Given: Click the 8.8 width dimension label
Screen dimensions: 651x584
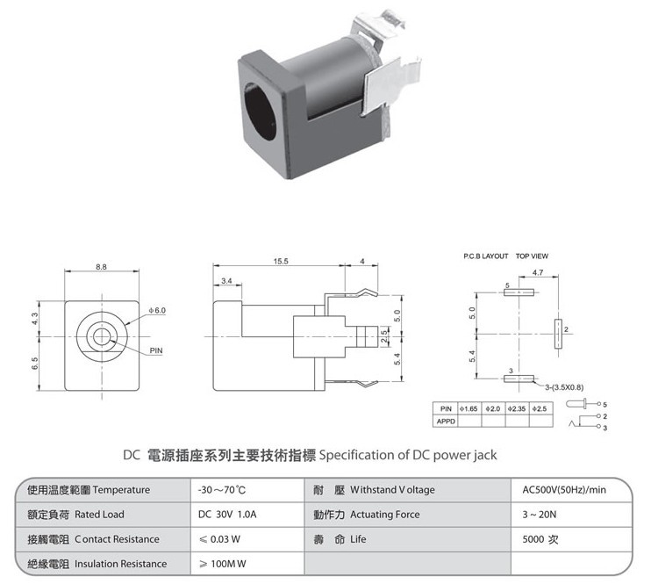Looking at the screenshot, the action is tap(101, 267).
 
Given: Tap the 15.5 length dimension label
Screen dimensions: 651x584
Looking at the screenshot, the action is tap(281, 261).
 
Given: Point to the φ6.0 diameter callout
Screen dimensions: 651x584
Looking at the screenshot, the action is tap(157, 311).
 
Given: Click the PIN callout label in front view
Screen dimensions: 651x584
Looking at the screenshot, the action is tap(156, 350).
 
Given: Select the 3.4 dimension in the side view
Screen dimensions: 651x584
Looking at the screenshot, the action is tap(226, 281).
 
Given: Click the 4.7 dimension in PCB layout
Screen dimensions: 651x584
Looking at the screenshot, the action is tap(538, 272).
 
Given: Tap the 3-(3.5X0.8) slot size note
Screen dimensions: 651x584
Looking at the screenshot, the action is tap(564, 387).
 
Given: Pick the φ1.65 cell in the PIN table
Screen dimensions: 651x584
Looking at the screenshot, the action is tap(469, 408).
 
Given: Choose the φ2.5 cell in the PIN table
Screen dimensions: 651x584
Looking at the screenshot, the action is tap(540, 408).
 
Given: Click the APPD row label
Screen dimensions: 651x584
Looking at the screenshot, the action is tap(446, 421).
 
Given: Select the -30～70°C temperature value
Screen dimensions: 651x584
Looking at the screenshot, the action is tap(222, 490).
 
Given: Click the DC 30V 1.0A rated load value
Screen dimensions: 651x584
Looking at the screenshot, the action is tap(227, 514).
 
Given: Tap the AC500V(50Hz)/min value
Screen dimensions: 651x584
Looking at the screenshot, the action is tap(564, 490).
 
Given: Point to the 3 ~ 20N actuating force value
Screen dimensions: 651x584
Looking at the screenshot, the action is tap(540, 515).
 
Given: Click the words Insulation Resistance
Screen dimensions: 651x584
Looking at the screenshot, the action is tap(121, 564).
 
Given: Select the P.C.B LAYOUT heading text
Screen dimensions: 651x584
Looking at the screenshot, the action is tap(486, 256).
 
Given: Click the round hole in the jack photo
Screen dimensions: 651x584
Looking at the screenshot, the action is tap(260, 112).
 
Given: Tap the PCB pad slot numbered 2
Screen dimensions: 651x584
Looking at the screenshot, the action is tap(558, 334).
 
